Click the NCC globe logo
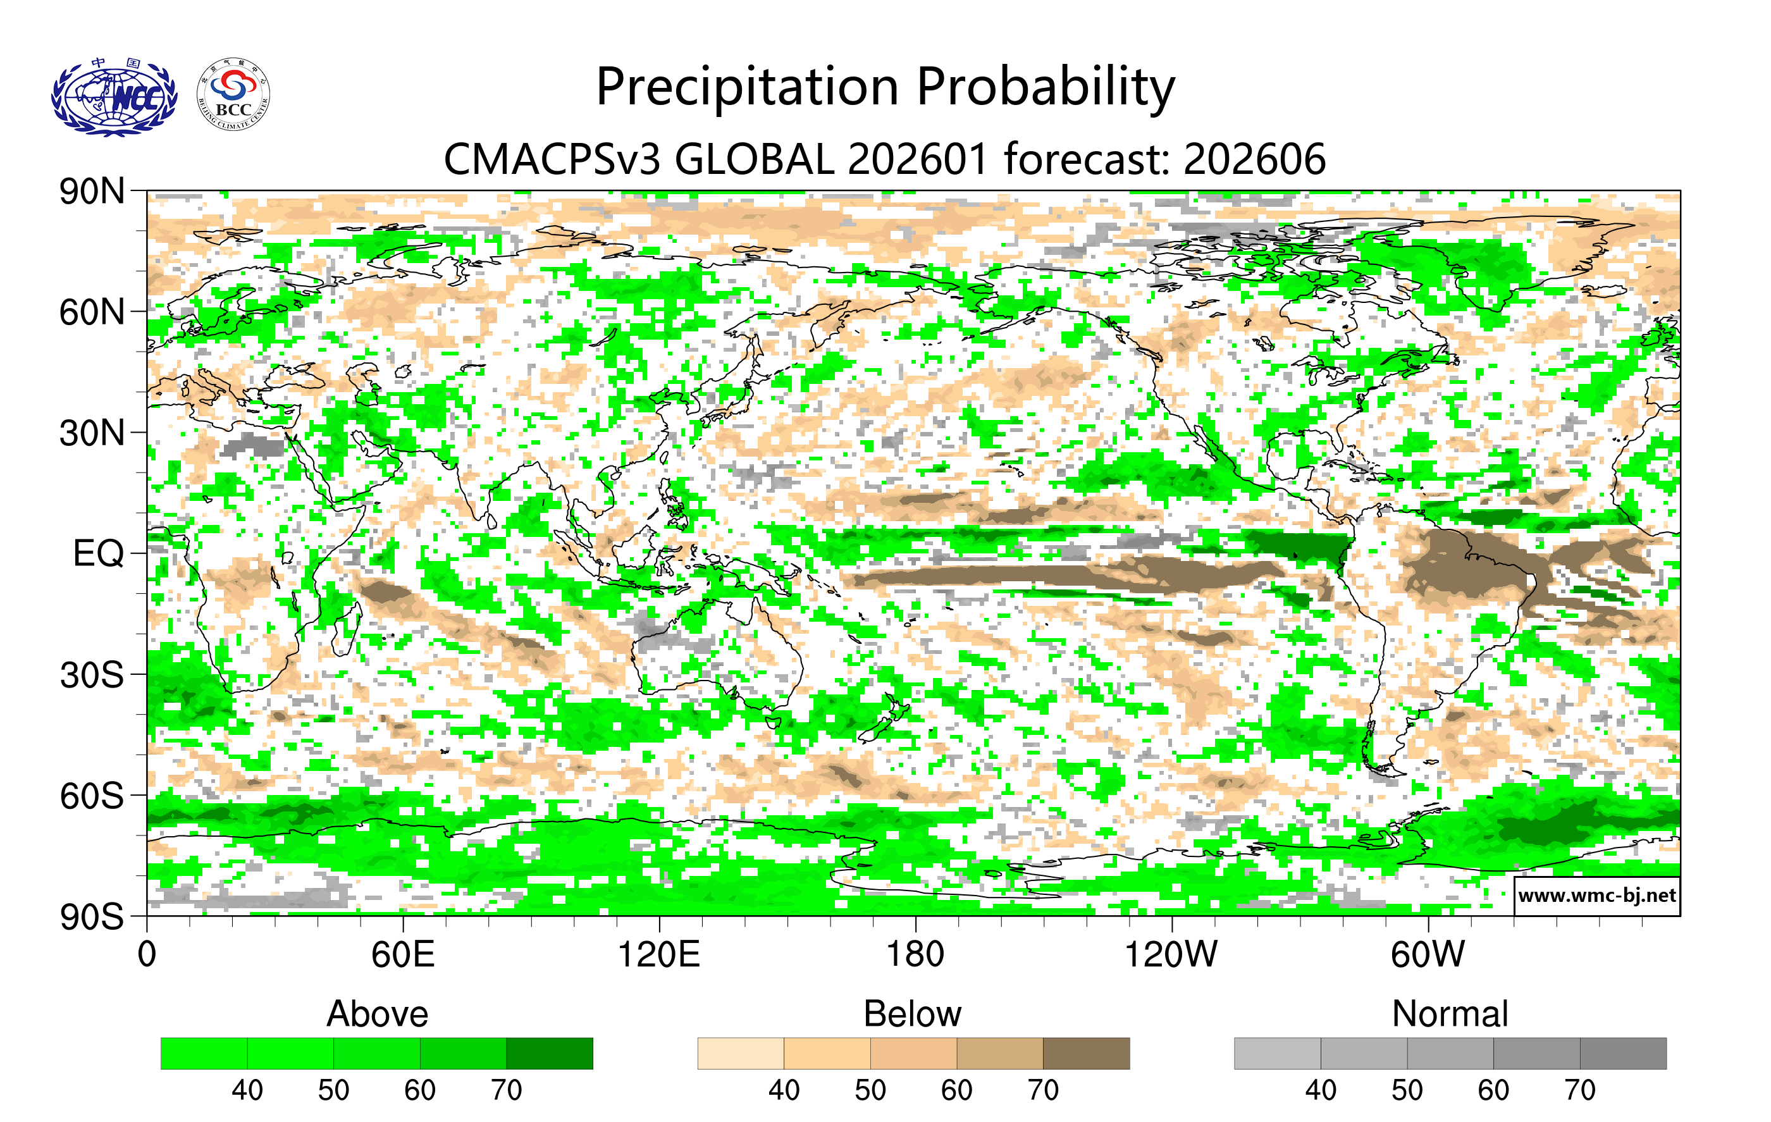click(114, 97)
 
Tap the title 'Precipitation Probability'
click(885, 87)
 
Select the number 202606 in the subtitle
click(1254, 159)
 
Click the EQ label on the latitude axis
click(98, 553)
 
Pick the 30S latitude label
click(92, 675)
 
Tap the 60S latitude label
click(92, 796)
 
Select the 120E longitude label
click(658, 955)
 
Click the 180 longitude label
click(915, 955)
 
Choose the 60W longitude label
click(1428, 955)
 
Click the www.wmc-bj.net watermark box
click(1596, 896)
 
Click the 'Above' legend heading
click(378, 1014)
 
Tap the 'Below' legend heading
click(912, 1014)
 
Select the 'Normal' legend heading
click(1450, 1014)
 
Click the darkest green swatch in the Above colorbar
click(550, 1053)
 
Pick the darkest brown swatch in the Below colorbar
click(1085, 1053)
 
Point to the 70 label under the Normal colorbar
click(1580, 1090)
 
